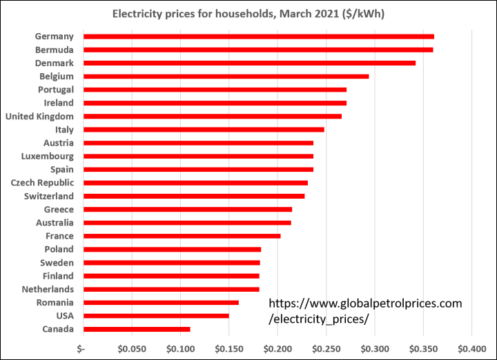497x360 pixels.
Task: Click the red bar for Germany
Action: click(x=258, y=37)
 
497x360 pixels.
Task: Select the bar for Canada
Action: click(x=136, y=329)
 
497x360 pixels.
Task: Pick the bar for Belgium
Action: click(x=226, y=76)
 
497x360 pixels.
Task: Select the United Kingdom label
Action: click(x=39, y=116)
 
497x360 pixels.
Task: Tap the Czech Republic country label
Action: click(x=42, y=183)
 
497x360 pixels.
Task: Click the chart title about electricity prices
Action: click(x=248, y=14)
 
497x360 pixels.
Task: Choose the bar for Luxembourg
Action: click(x=198, y=156)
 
